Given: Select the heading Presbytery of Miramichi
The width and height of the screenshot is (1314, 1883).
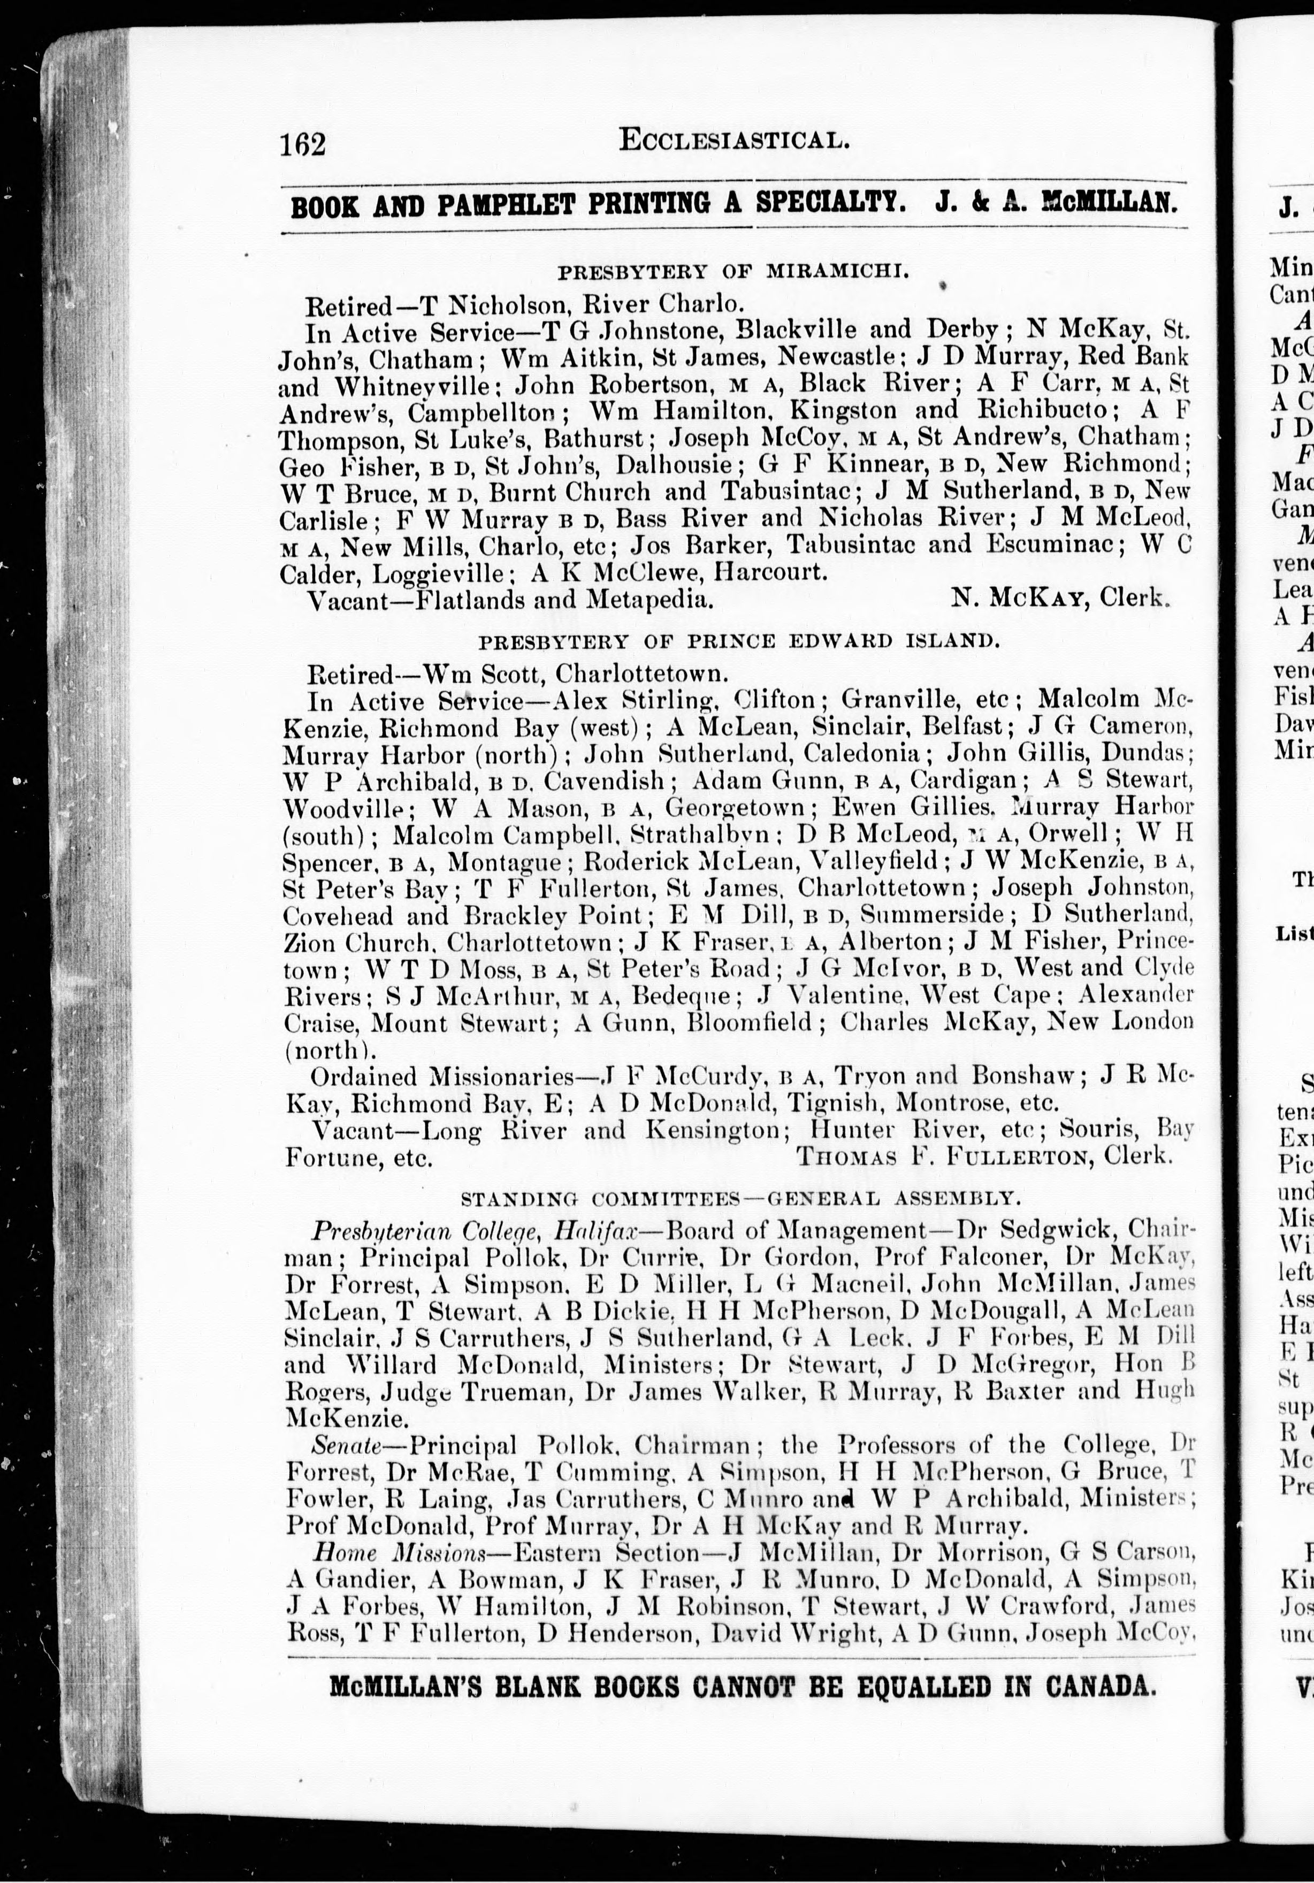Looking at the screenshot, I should click(x=732, y=271).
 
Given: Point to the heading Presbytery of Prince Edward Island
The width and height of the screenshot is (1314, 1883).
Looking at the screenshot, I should click(x=738, y=640).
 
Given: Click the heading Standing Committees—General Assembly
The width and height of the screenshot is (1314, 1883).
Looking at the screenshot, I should click(x=740, y=1199).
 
